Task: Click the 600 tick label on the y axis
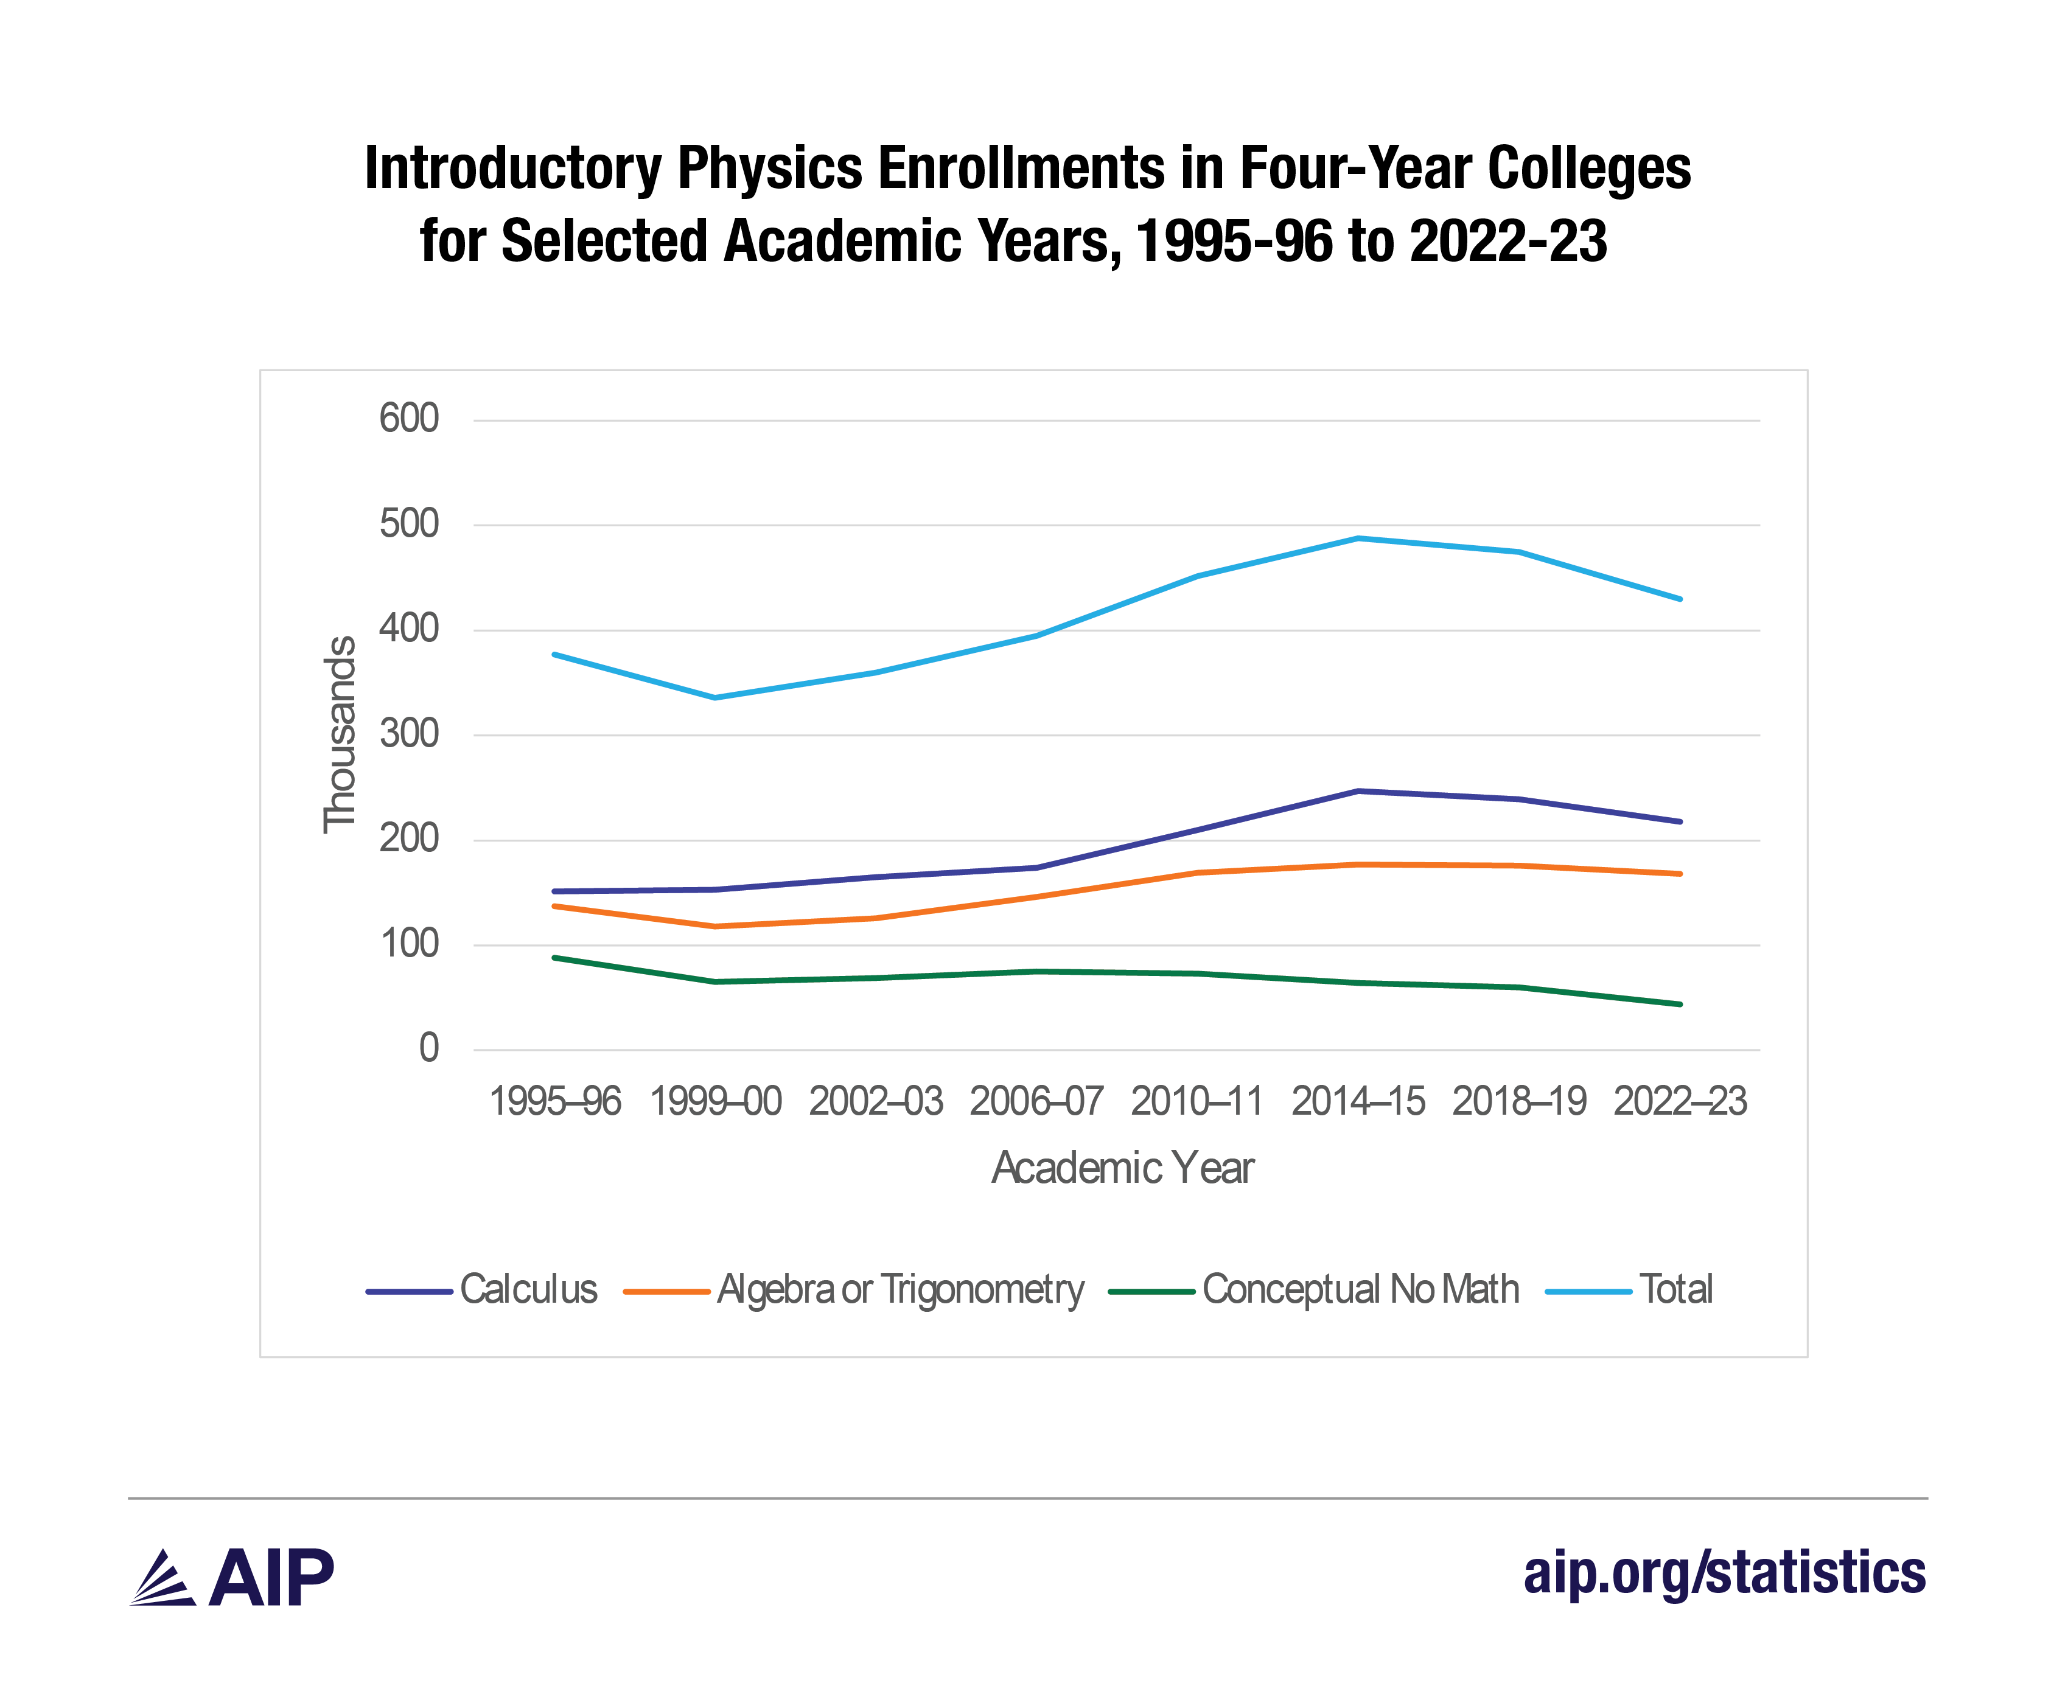tap(408, 419)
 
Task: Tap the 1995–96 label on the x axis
tap(554, 1102)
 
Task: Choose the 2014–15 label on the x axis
tap(1358, 1102)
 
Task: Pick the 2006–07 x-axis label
tap(1036, 1102)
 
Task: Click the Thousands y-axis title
tap(339, 734)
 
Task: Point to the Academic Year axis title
tap(1122, 1168)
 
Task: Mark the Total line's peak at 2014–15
tap(1358, 538)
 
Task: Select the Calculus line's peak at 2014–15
tap(1358, 791)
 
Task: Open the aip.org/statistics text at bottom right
tap(1724, 1573)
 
